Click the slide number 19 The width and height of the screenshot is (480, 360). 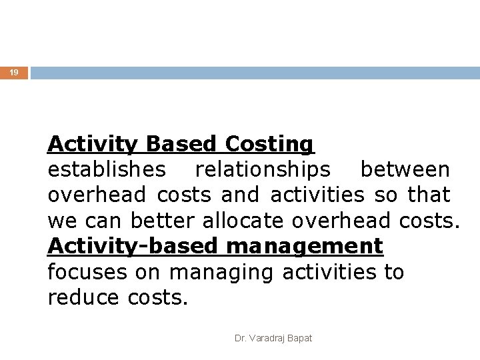coord(14,73)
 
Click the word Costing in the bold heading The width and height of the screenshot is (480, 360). coord(269,144)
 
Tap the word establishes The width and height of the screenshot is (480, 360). coord(107,170)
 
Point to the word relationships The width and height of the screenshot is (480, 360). coord(262,170)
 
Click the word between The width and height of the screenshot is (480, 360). coord(405,170)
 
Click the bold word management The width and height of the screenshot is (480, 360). coord(305,247)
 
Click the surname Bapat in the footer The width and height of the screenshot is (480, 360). coord(300,338)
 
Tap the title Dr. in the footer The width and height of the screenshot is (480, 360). coord(241,338)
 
